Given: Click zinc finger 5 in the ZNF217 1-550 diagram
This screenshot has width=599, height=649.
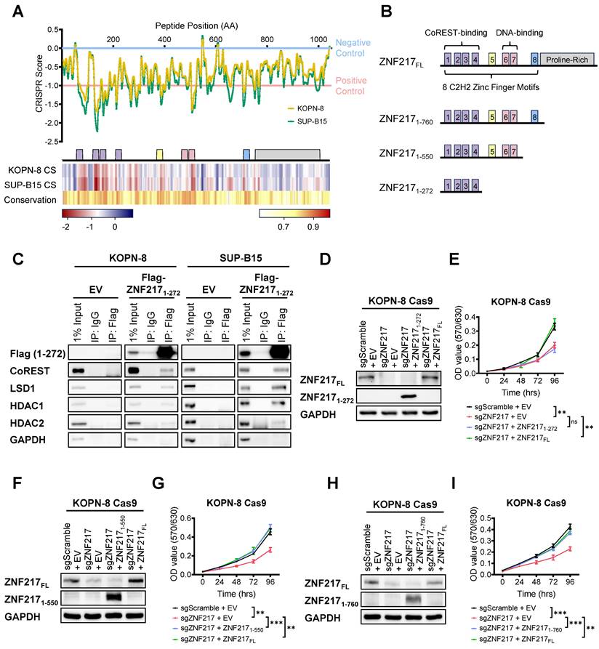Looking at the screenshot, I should [493, 154].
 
